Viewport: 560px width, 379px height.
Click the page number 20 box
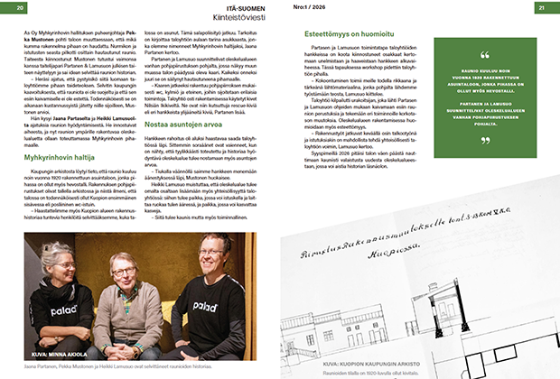[x=19, y=8]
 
